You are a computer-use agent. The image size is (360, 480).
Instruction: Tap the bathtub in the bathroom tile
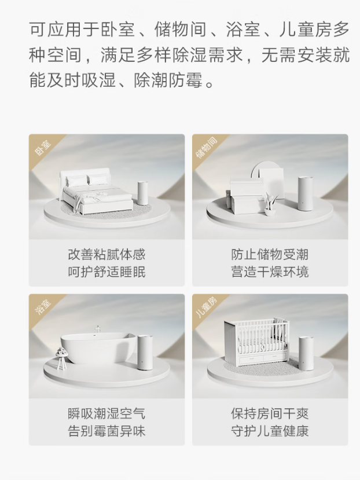[x=98, y=349]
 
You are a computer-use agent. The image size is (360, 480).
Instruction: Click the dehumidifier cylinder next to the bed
[x=143, y=193]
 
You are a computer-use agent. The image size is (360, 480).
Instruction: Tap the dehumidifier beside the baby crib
[x=307, y=354]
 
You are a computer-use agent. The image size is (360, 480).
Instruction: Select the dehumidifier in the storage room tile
[x=306, y=193]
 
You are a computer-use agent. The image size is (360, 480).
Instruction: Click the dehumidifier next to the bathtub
[x=145, y=353]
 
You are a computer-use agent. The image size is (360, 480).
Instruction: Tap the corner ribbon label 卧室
[x=43, y=148]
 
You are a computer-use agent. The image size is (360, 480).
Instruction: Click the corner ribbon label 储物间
[x=207, y=148]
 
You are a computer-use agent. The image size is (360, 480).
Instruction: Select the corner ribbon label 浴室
[x=43, y=307]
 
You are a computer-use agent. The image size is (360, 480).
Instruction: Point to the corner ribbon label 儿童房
[x=206, y=307]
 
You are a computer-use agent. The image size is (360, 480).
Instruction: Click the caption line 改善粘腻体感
[x=106, y=255]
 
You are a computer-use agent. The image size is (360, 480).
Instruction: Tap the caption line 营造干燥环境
[x=270, y=272]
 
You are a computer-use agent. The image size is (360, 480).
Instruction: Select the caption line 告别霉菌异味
[x=106, y=431]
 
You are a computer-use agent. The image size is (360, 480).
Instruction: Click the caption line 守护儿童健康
[x=270, y=431]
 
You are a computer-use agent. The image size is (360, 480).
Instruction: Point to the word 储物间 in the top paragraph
[x=180, y=30]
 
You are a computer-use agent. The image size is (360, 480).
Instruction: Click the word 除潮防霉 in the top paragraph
[x=168, y=80]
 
